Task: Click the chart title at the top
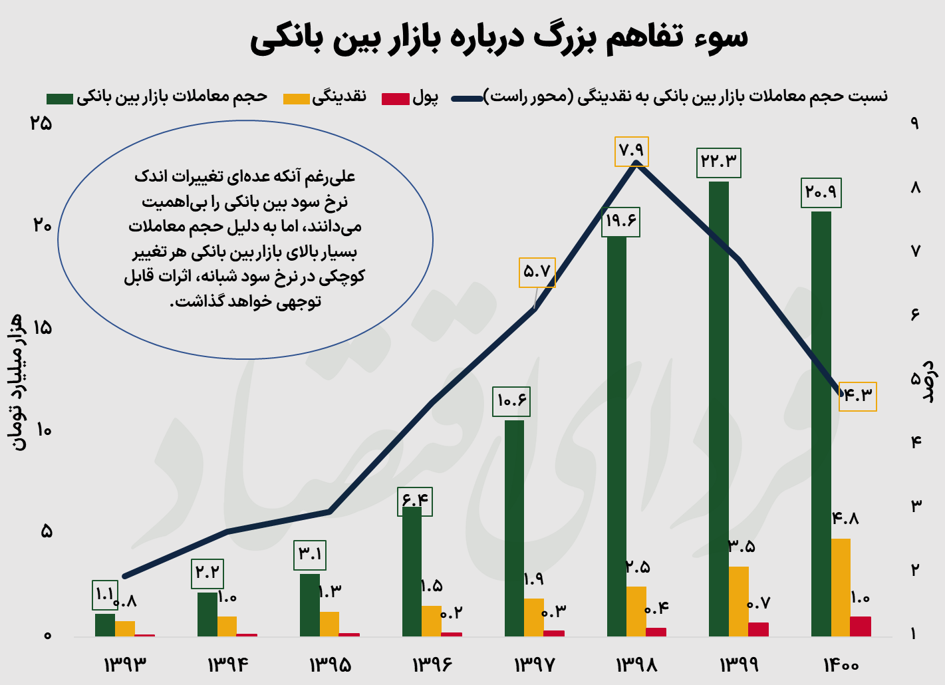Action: click(499, 37)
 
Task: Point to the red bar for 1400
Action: click(861, 626)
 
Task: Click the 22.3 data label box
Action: click(718, 162)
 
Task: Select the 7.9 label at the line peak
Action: click(631, 151)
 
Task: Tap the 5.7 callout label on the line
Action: click(537, 272)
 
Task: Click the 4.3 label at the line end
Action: click(857, 396)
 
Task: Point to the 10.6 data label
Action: click(511, 401)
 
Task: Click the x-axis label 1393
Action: click(124, 664)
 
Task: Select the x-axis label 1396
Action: click(432, 664)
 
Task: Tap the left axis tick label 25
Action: click(41, 124)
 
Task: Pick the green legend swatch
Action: click(59, 98)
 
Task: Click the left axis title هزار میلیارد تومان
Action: click(19, 382)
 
